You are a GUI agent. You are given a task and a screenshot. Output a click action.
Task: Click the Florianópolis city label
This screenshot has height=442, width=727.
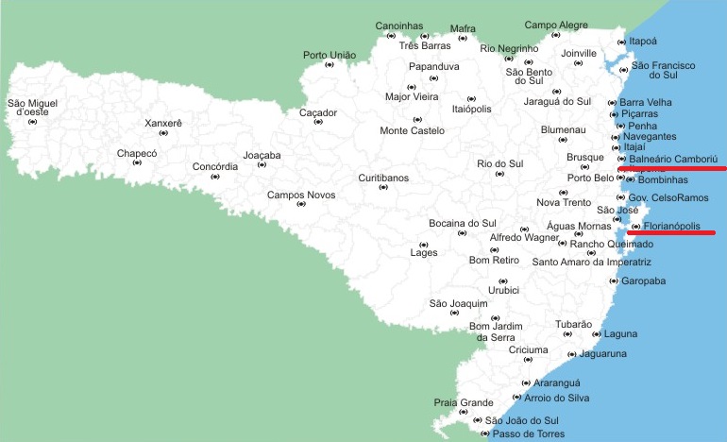tap(678, 227)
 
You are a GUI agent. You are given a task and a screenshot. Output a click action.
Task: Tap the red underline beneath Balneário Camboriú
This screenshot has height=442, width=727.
tap(672, 168)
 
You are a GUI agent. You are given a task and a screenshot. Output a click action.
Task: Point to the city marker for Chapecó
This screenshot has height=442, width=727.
tap(137, 162)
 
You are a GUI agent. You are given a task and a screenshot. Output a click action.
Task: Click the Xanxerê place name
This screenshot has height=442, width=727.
tap(163, 123)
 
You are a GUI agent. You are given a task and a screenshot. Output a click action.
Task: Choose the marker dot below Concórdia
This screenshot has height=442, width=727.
tap(215, 177)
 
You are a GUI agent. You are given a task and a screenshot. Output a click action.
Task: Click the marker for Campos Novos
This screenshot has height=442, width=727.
tap(301, 204)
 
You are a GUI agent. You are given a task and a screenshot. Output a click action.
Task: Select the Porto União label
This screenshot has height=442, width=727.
tap(330, 55)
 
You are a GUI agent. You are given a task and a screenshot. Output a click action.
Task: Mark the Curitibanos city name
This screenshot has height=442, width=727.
tap(383, 178)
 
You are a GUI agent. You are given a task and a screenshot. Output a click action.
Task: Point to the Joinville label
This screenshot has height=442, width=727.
tap(579, 53)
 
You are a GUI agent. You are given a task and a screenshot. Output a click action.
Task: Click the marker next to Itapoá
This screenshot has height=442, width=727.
tap(621, 42)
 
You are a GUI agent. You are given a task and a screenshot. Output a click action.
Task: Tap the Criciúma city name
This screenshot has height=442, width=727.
tap(528, 349)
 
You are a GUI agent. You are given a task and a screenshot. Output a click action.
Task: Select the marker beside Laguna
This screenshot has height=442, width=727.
tap(596, 334)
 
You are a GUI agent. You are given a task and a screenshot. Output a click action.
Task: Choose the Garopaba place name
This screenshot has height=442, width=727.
tap(641, 280)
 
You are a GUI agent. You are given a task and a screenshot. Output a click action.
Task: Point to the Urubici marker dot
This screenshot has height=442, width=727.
tap(503, 281)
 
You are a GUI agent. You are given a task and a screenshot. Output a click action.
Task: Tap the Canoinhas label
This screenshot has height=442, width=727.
tap(399, 25)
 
